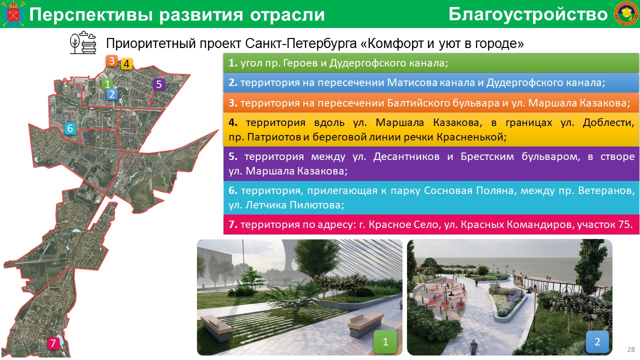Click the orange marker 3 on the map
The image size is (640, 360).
coord(111,61)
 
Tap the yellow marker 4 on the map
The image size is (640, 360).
coord(126,63)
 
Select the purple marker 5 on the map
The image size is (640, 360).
coord(159,84)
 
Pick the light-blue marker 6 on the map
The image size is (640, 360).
coord(70,128)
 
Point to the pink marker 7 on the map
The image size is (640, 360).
coord(53,343)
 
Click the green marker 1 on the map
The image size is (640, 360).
coord(107,84)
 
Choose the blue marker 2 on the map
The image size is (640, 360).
coord(111,94)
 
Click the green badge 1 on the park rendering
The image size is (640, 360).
coord(385,341)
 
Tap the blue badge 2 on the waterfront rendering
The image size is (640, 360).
coord(597,341)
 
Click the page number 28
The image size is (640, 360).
coord(631,349)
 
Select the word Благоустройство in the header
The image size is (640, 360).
coord(528,14)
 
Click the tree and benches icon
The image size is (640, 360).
coord(83,42)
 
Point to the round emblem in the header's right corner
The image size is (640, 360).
coord(626,13)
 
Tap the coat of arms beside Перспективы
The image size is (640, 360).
coord(13,13)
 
